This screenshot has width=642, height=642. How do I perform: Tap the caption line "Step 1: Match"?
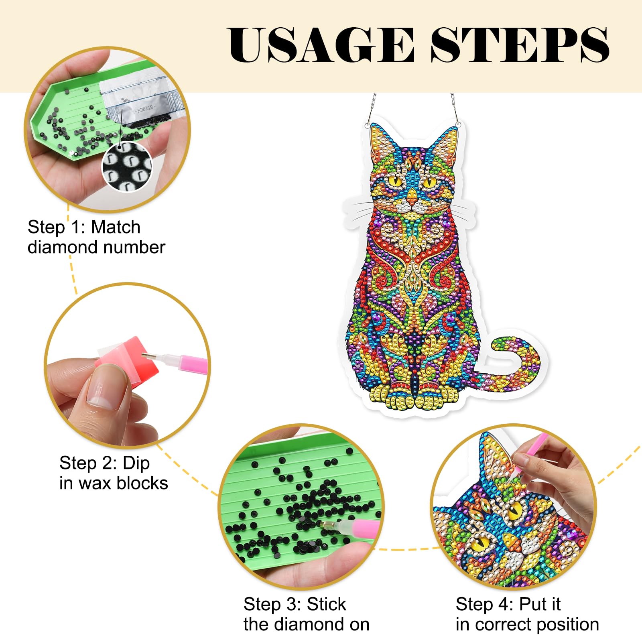tap(84, 227)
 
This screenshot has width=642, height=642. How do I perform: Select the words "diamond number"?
tap(96, 247)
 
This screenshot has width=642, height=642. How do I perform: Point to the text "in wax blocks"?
tap(114, 483)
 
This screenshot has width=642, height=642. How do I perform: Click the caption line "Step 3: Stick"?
tap(295, 604)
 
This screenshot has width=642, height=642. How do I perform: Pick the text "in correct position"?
tap(527, 625)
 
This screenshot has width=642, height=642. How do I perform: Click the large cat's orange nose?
tap(412, 196)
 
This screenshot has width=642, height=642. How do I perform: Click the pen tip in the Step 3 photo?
tap(322, 524)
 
